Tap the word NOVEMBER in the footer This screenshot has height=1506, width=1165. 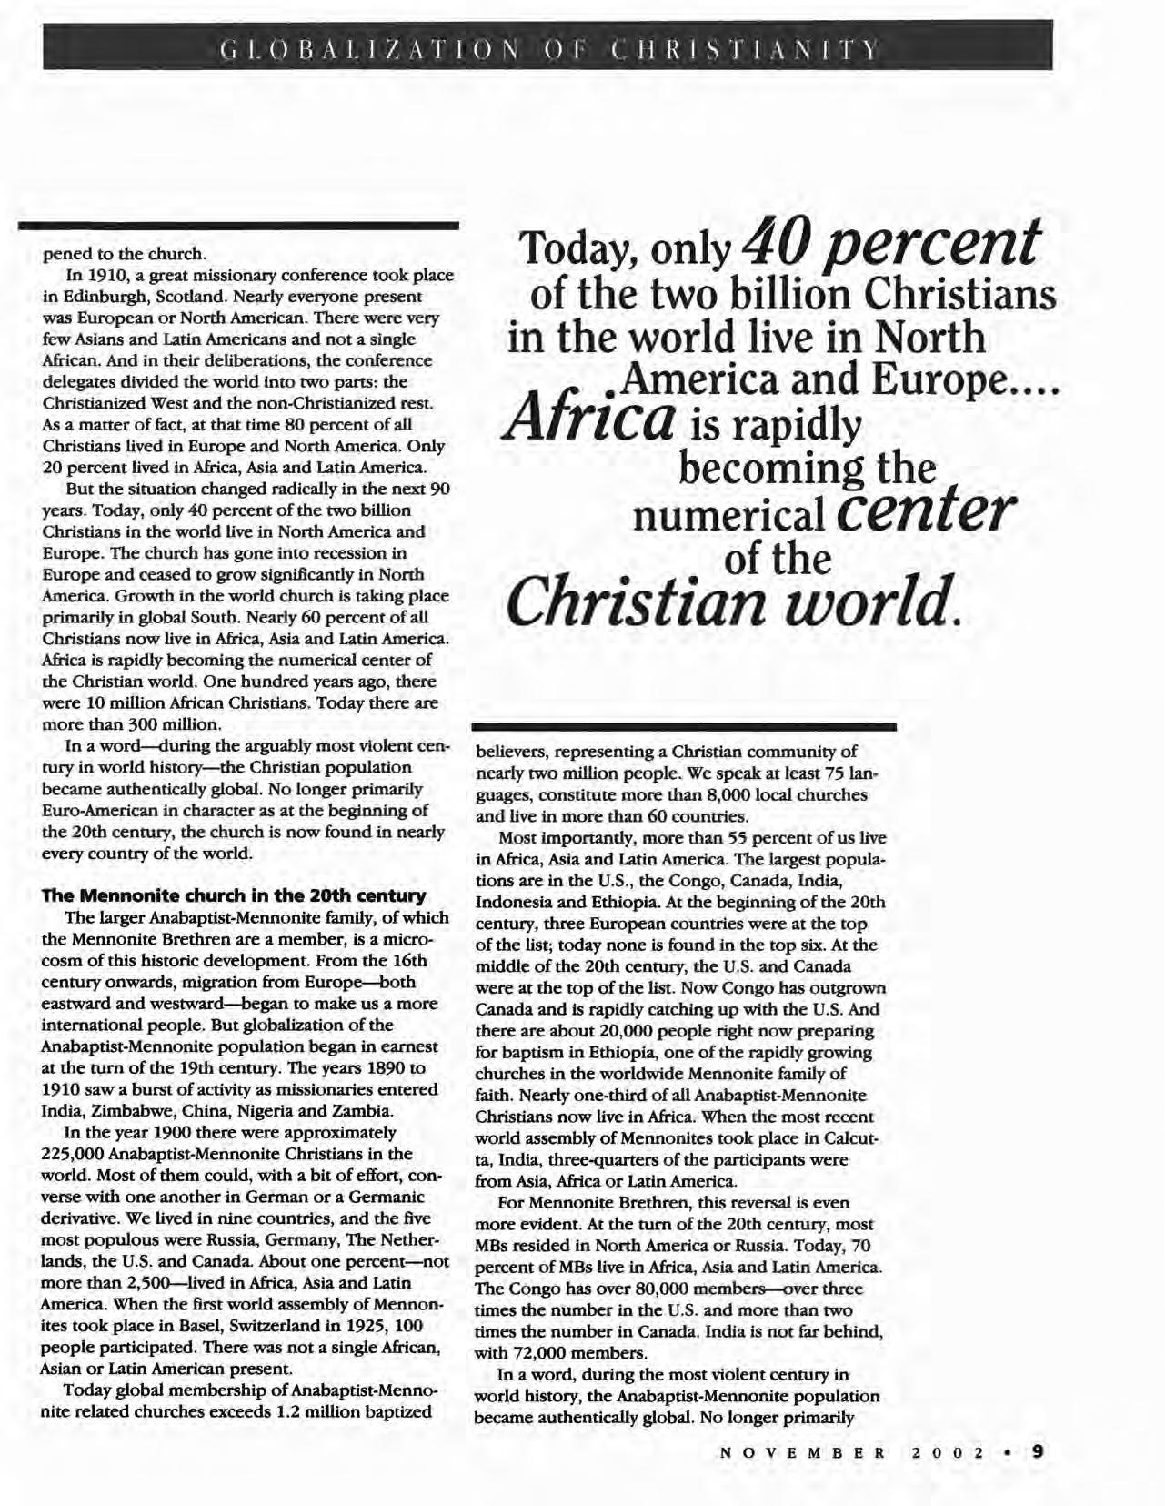[x=802, y=1452]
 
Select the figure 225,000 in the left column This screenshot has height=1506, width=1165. [x=73, y=1154]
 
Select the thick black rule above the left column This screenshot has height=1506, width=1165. [x=238, y=223]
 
